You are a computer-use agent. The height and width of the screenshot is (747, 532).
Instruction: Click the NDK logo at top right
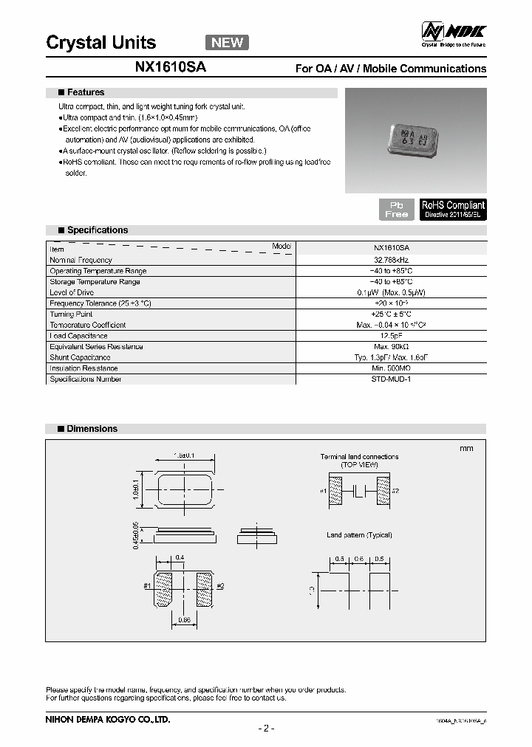453,33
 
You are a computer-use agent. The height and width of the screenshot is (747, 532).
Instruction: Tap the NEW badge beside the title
227,42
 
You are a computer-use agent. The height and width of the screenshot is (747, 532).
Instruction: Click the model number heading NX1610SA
171,68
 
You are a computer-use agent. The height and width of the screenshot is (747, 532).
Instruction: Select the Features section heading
86,93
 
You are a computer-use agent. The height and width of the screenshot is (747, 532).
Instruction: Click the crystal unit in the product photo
411,138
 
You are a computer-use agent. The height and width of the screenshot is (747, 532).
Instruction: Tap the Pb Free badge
396,209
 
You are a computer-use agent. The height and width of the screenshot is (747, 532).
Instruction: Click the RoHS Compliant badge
453,209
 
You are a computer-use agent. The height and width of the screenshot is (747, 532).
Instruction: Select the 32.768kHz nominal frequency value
391,260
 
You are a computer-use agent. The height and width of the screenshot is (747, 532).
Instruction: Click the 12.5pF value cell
391,336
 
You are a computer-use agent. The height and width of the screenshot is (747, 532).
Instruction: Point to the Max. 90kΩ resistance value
391,347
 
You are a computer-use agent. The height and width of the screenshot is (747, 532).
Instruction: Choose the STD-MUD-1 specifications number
391,379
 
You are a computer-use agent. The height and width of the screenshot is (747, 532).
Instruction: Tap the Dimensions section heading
92,429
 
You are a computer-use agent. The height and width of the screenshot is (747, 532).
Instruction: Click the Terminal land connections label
359,457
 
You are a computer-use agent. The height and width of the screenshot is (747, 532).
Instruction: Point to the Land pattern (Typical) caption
359,534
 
